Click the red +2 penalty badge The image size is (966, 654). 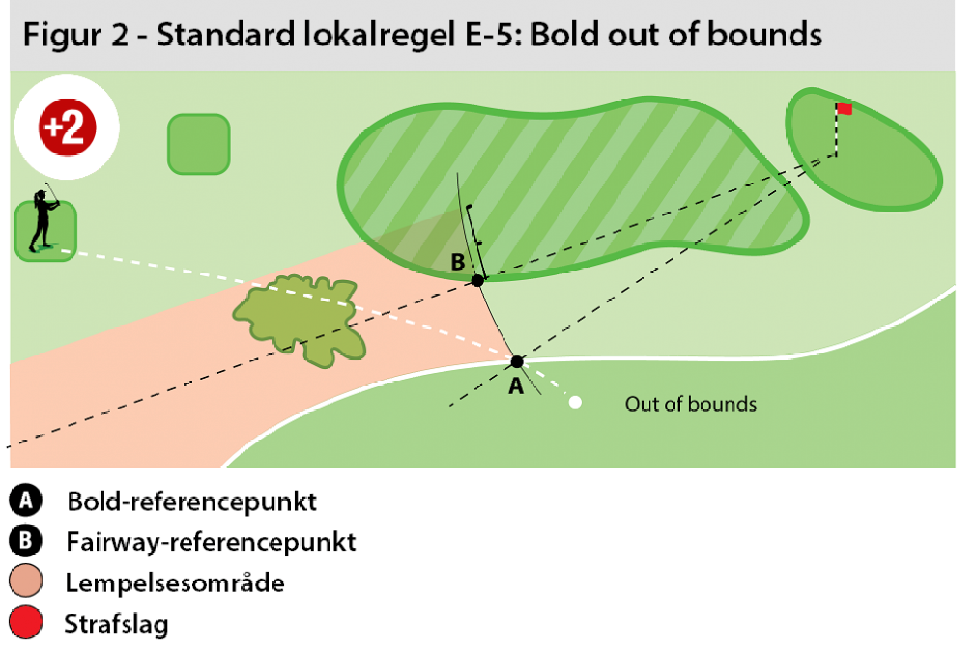(x=67, y=127)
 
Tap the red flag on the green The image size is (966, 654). (x=844, y=109)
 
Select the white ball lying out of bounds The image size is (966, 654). (x=575, y=403)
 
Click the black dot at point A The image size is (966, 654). (x=517, y=362)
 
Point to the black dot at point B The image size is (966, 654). (x=478, y=281)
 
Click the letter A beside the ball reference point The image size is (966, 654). (x=516, y=387)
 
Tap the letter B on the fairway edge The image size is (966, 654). (x=458, y=262)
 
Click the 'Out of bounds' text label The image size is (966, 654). (x=690, y=404)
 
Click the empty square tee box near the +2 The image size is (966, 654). (x=199, y=144)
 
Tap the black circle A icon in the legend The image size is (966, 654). (x=25, y=501)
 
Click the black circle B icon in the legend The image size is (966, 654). (x=25, y=541)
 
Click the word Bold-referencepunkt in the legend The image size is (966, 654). (x=192, y=502)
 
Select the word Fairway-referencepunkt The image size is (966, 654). (x=211, y=542)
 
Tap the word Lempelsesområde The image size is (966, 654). (x=175, y=583)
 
